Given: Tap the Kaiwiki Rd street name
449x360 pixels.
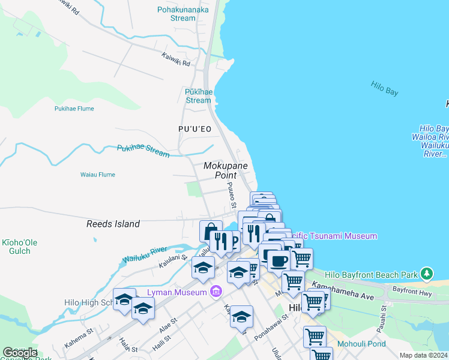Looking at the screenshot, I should pos(175,59).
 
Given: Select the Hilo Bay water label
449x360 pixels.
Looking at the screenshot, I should pos(384,88).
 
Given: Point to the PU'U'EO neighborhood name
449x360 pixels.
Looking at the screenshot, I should pos(194,129).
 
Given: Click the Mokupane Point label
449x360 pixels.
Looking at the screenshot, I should pos(225,170).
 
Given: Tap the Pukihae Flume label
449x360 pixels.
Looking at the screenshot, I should pos(74,109).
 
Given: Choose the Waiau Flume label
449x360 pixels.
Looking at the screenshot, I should pos(97,175).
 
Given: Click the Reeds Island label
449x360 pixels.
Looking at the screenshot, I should pos(113,224).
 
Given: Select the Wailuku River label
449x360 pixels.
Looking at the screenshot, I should pos(144,254).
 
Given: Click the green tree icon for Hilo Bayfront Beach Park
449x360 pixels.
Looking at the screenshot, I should pos(427,274).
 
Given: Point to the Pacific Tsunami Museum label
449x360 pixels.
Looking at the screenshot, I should pos(336,236).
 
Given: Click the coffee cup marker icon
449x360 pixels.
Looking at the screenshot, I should pos(278,260).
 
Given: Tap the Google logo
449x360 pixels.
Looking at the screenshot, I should pos(20,352).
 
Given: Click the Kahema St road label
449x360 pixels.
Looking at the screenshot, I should pos(80,331).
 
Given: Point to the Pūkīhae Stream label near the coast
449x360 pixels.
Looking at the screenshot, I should pos(198,96).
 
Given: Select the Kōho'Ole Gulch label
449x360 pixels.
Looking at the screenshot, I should pos(20,247).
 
